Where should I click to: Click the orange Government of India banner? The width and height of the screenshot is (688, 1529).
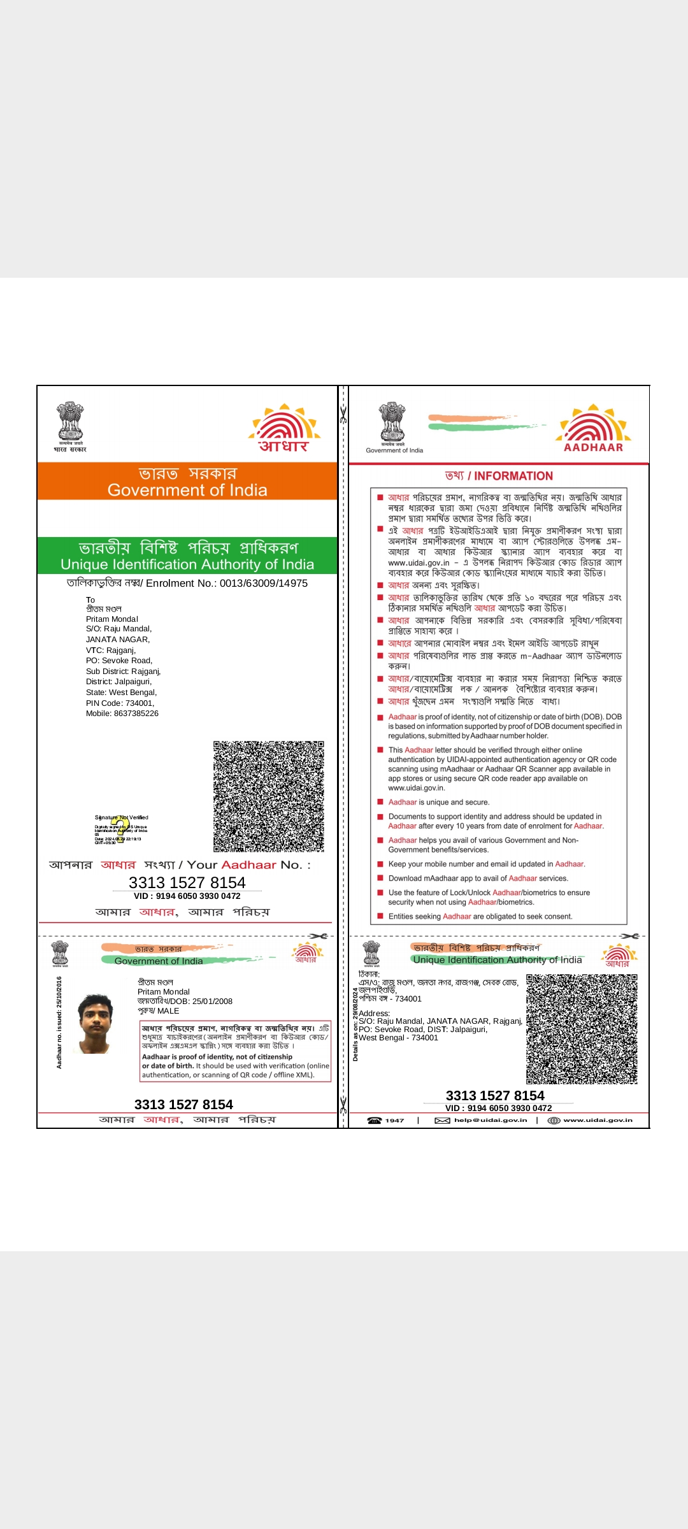[x=187, y=482]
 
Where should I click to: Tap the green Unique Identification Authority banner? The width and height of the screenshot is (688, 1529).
[x=187, y=556]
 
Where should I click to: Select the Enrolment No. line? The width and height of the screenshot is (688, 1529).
[x=187, y=583]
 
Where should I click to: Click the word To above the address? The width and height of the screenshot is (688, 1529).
[x=90, y=600]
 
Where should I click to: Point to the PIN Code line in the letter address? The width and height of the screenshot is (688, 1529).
[x=120, y=703]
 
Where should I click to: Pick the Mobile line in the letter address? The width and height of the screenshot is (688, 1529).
[x=122, y=714]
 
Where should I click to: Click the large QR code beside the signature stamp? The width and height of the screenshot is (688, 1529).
[x=268, y=796]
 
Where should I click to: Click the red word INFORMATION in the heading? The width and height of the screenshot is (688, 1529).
[x=513, y=476]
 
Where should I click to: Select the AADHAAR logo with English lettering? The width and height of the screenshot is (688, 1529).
[x=594, y=428]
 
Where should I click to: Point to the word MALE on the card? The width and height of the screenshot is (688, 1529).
[x=168, y=1011]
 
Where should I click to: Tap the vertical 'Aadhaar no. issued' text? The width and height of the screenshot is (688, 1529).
[x=59, y=1023]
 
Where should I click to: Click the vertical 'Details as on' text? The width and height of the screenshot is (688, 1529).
[x=355, y=1024]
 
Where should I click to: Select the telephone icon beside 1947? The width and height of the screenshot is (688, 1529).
[x=375, y=1121]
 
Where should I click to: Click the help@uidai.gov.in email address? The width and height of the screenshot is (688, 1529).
[x=491, y=1121]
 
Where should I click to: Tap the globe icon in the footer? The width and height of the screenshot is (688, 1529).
[x=554, y=1121]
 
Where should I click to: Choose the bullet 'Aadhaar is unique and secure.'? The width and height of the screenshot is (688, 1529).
[x=439, y=803]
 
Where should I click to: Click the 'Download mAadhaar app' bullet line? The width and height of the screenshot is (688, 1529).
[x=478, y=879]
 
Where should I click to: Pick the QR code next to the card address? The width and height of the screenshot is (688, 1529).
[x=582, y=1029]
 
